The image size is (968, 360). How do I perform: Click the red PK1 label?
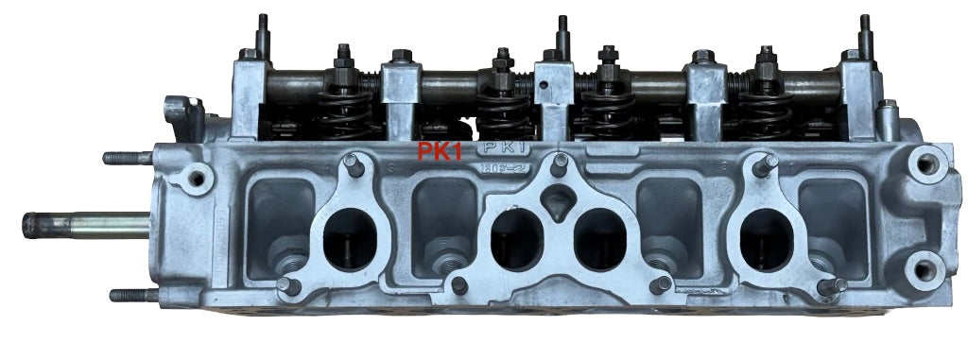[441, 152]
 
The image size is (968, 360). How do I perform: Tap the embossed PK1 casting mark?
[505, 149]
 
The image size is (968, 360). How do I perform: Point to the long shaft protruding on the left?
[85, 225]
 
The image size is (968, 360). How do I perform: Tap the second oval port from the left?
[515, 237]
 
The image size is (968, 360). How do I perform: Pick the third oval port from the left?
[600, 237]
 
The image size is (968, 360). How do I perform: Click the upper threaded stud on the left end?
[128, 158]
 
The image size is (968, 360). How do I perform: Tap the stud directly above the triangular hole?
[560, 163]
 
